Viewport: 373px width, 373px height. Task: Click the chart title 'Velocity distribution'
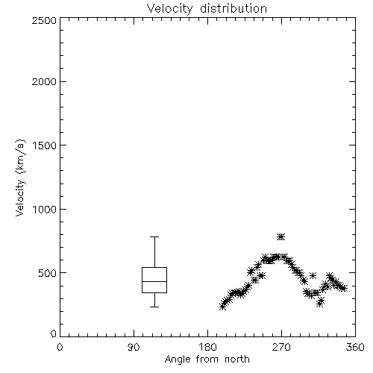(x=207, y=9)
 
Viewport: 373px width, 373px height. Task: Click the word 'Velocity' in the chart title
(x=169, y=9)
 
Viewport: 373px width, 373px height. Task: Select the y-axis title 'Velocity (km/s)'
(x=20, y=178)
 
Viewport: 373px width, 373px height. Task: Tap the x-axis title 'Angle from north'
(x=207, y=359)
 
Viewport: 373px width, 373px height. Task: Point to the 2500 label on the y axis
(x=44, y=20)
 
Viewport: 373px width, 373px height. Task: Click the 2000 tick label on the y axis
(x=44, y=81)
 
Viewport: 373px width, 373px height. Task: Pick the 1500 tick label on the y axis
(x=45, y=145)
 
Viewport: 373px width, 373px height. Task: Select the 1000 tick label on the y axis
(x=45, y=209)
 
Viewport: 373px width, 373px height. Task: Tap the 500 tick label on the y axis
(x=48, y=273)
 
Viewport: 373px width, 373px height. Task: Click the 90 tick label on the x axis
(x=134, y=347)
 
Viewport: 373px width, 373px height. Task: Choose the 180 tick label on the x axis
(x=207, y=347)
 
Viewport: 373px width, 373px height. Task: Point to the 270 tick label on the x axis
(x=281, y=347)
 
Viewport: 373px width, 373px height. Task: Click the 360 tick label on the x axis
(x=355, y=347)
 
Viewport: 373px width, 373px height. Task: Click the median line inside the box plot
(x=154, y=281)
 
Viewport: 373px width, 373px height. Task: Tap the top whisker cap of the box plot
(x=154, y=237)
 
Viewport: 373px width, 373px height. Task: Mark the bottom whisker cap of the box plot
(x=154, y=307)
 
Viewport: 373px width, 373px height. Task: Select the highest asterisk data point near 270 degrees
(x=281, y=237)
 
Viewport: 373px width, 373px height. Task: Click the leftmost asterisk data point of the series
(x=223, y=307)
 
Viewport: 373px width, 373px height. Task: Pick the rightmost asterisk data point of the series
(x=344, y=288)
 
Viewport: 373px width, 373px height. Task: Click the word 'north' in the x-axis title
(x=237, y=359)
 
